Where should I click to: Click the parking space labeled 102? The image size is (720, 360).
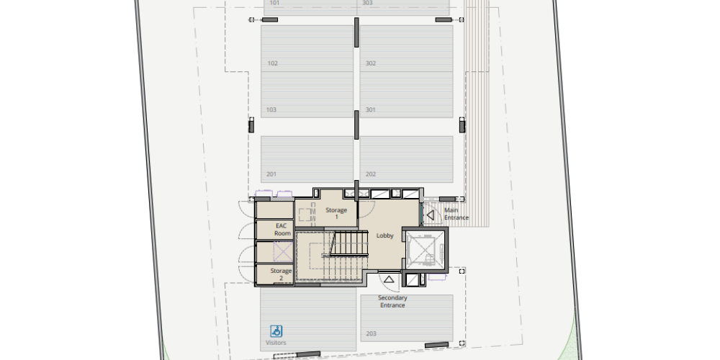point(307,48)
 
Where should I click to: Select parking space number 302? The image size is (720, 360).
point(406,48)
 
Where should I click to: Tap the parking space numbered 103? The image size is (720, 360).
point(307,94)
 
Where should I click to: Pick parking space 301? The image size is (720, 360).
point(406,94)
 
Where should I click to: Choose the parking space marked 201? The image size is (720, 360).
point(307,159)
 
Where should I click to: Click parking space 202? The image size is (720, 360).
point(406,159)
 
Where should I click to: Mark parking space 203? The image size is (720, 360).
point(407,318)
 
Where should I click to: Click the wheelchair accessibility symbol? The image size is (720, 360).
point(276,331)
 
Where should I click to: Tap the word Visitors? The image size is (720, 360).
point(276,343)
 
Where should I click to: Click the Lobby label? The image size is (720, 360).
point(384,235)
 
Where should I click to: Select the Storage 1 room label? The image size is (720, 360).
point(336,214)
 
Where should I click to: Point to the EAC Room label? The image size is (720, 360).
point(282,230)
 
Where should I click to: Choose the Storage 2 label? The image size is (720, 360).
point(281,274)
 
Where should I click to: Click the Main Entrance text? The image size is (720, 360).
point(456,214)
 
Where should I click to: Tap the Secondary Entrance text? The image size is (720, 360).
point(392,301)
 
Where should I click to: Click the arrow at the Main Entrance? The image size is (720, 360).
point(431,215)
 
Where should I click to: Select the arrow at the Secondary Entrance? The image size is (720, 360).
point(389,279)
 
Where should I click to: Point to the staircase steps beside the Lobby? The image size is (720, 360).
point(350,243)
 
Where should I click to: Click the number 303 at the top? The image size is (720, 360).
point(367,3)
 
